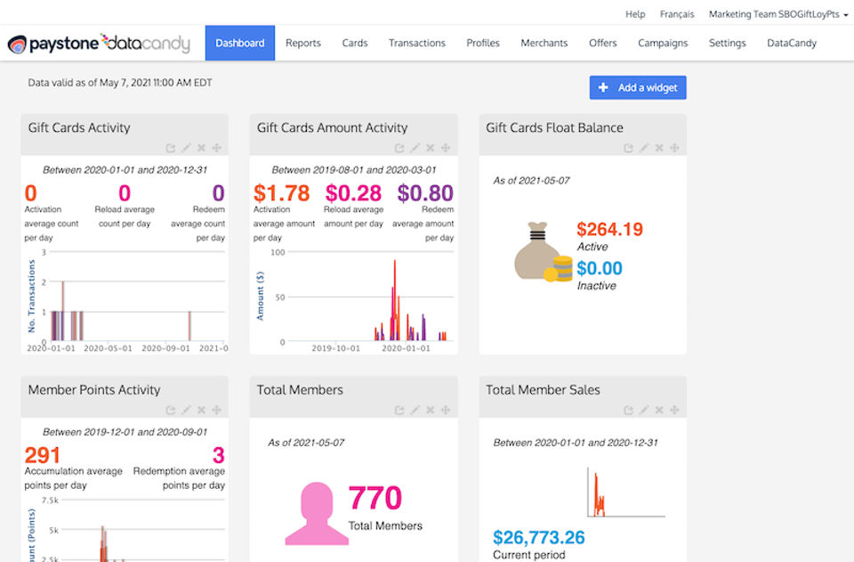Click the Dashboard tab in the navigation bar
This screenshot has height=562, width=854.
pyautogui.click(x=239, y=43)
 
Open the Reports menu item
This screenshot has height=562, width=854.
pyautogui.click(x=303, y=43)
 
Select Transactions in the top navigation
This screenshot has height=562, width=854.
pyautogui.click(x=417, y=43)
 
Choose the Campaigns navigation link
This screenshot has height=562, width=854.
pyautogui.click(x=663, y=43)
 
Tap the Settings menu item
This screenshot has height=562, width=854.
pyautogui.click(x=728, y=43)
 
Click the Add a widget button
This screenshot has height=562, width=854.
pyautogui.click(x=638, y=87)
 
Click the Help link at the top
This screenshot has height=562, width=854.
pyautogui.click(x=635, y=14)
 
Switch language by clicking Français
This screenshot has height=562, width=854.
pyautogui.click(x=677, y=14)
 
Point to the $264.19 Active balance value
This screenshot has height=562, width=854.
pyautogui.click(x=609, y=230)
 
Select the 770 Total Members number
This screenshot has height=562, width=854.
pyautogui.click(x=375, y=498)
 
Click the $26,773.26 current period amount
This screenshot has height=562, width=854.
pyautogui.click(x=539, y=537)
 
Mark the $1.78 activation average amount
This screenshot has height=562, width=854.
pyautogui.click(x=281, y=193)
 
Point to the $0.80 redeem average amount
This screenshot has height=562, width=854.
pyautogui.click(x=425, y=193)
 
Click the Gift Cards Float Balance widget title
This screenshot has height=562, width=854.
pyautogui.click(x=554, y=127)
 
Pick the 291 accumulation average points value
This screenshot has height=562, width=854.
pyautogui.click(x=43, y=455)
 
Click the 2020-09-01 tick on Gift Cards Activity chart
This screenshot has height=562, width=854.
pyautogui.click(x=166, y=348)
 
